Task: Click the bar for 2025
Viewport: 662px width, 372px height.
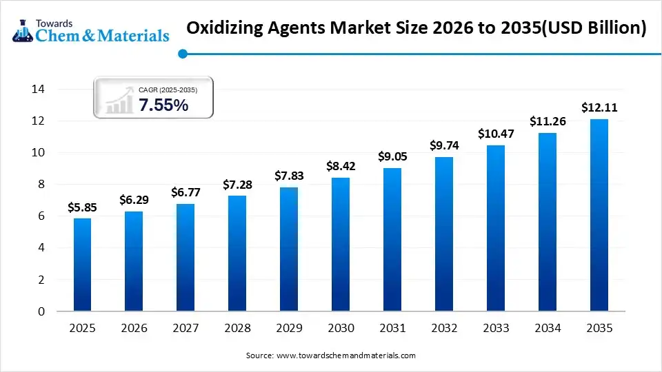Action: point(82,265)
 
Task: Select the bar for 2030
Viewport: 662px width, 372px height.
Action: point(341,245)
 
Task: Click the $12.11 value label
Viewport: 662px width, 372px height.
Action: point(599,107)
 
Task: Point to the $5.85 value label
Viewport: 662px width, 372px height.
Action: point(82,207)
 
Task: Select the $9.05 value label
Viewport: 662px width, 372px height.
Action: point(392,156)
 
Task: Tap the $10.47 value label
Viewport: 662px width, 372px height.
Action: point(496,134)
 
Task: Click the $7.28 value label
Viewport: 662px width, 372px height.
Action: point(237,185)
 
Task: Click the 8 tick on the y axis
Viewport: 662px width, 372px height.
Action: point(41,185)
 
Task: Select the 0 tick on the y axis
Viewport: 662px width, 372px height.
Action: point(41,311)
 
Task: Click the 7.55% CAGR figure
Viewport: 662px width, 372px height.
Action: point(163,105)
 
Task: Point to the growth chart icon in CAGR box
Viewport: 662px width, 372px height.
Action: point(119,101)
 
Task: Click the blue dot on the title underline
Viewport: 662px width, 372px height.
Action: point(182,53)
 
